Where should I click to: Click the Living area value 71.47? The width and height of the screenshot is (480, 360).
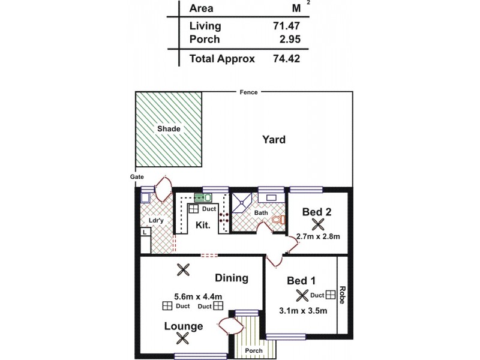tap(286, 26)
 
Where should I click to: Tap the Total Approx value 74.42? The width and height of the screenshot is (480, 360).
tap(286, 59)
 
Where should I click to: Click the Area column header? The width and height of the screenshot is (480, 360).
tap(201, 8)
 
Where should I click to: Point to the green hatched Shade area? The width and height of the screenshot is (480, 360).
tap(169, 129)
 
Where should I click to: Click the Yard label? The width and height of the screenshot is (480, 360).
tap(274, 140)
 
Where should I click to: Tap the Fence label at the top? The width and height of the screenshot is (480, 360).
tap(248, 92)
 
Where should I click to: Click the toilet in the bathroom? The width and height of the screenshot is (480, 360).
tap(277, 220)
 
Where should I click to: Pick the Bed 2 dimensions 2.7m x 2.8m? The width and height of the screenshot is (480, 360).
tap(319, 236)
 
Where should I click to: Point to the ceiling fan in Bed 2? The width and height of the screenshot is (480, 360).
tap(319, 224)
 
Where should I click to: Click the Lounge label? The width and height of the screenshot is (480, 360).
tap(184, 326)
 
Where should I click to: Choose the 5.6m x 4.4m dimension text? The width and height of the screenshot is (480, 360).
tap(199, 296)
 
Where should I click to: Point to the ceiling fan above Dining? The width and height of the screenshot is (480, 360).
tap(183, 270)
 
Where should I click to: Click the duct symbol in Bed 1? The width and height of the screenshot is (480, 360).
tap(331, 295)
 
